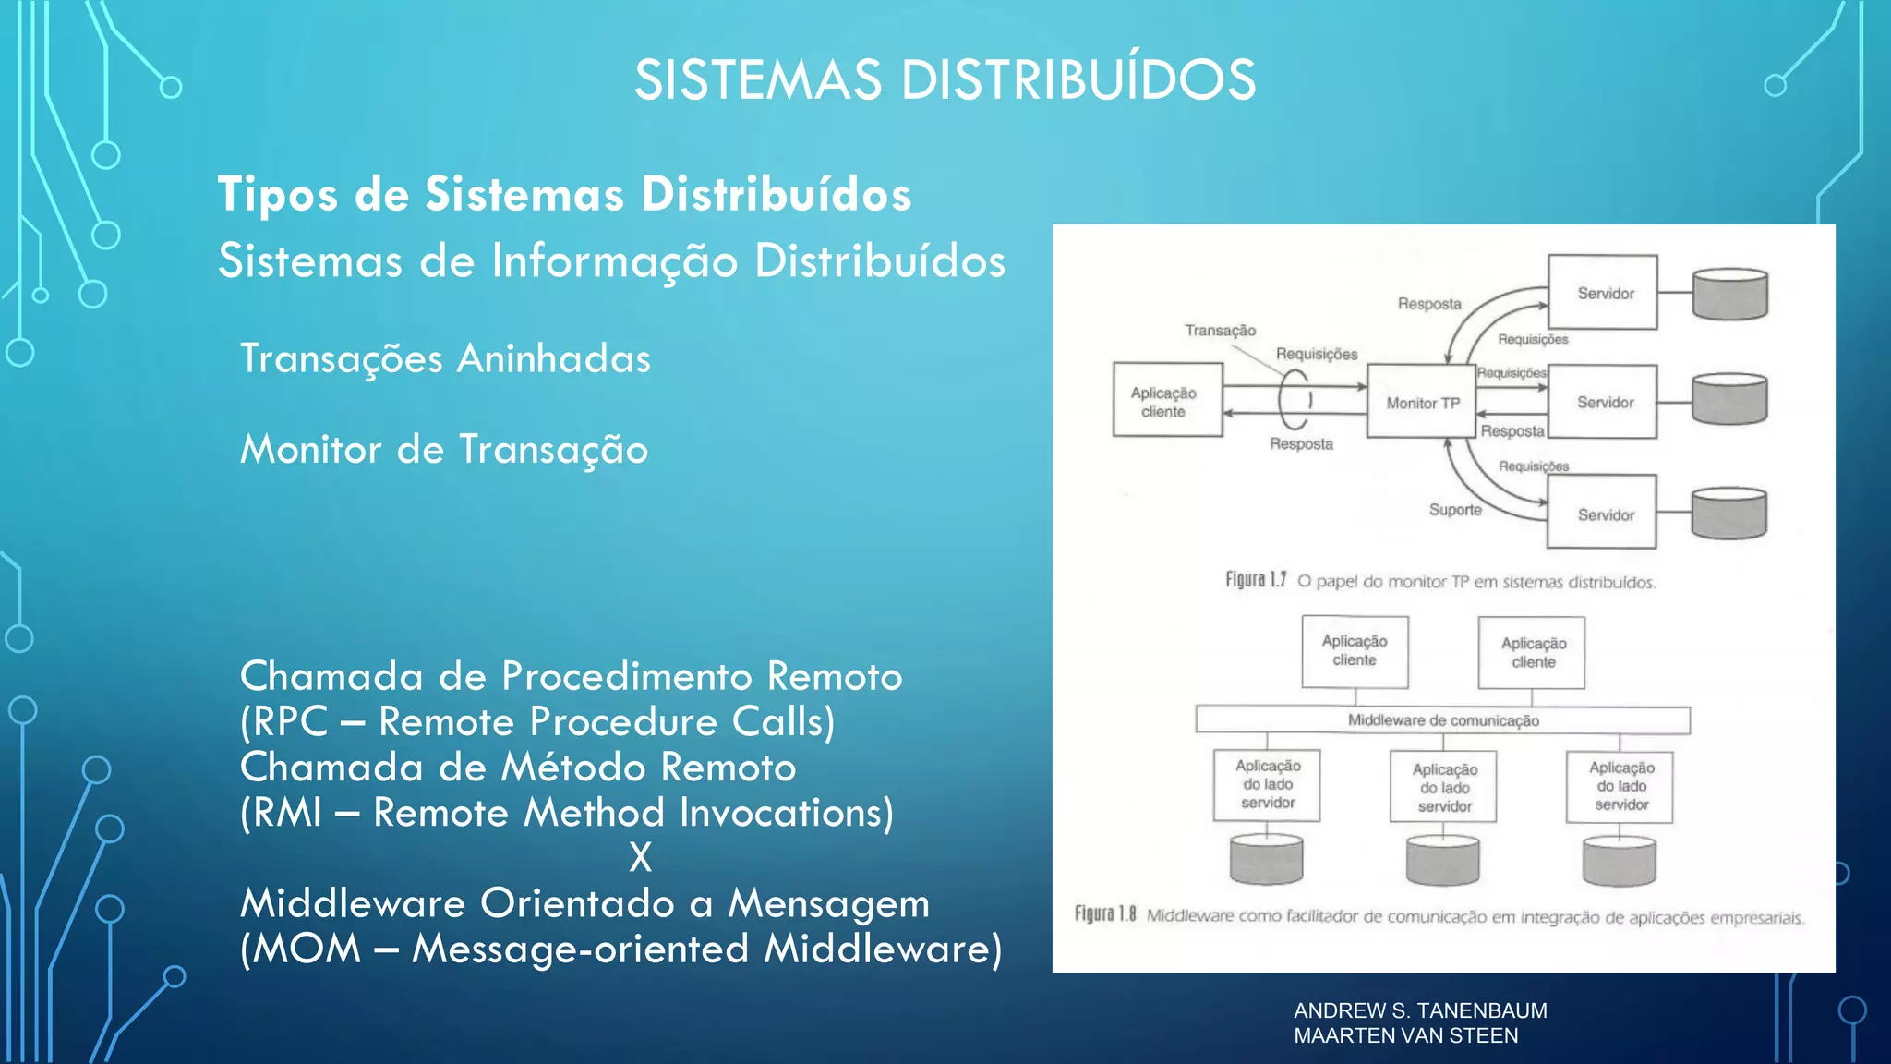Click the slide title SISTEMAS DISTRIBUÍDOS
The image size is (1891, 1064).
click(945, 79)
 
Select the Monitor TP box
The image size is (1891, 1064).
click(1422, 402)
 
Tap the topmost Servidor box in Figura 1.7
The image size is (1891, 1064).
click(1603, 293)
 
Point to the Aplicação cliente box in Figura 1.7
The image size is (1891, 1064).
click(1167, 401)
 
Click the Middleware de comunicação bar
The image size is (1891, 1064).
click(1442, 720)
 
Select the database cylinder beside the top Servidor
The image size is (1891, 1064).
click(1729, 294)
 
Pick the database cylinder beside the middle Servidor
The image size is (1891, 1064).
click(1729, 399)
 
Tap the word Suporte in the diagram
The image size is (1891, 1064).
click(1455, 510)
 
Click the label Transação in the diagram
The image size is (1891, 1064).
click(1220, 331)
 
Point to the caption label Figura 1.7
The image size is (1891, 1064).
click(1255, 580)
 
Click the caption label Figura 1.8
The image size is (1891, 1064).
click(1104, 914)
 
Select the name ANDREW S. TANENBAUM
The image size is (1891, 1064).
click(1420, 1010)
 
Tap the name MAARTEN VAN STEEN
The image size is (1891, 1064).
click(1405, 1035)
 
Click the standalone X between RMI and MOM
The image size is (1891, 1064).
click(640, 857)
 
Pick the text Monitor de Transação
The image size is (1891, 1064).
click(444, 450)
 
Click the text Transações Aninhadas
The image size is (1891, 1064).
click(445, 358)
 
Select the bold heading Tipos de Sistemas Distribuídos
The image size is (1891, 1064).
click(564, 194)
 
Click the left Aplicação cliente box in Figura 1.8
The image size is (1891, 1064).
click(1355, 651)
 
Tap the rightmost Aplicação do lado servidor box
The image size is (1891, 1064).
click(1620, 786)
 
